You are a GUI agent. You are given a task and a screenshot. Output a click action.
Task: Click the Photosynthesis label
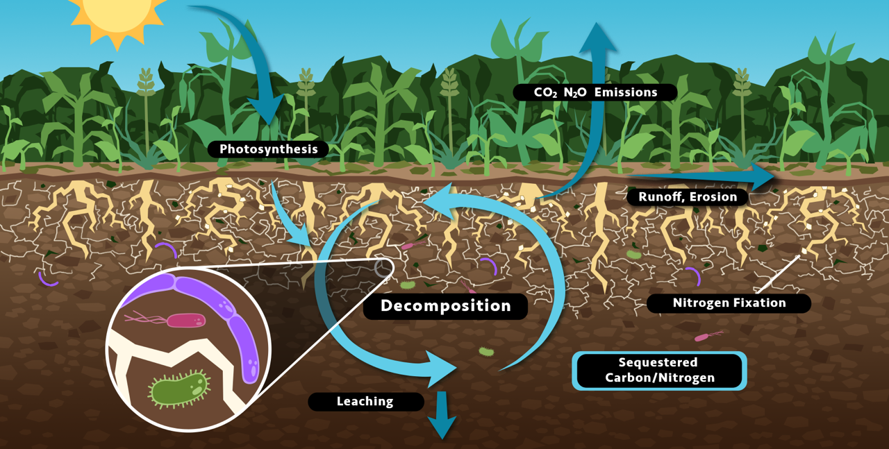pos(268,149)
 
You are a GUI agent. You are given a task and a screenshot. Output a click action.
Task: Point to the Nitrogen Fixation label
pos(729,303)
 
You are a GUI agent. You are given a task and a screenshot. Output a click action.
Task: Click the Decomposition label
pos(445,306)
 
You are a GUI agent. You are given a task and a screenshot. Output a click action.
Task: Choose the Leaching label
pos(365,401)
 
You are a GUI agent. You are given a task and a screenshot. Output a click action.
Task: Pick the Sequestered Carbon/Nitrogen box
pos(658,371)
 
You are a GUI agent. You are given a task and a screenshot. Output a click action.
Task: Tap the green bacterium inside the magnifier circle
pos(179,389)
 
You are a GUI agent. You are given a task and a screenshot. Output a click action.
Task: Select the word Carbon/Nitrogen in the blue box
pos(659,378)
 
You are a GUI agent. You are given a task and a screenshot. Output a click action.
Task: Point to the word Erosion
pos(715,198)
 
